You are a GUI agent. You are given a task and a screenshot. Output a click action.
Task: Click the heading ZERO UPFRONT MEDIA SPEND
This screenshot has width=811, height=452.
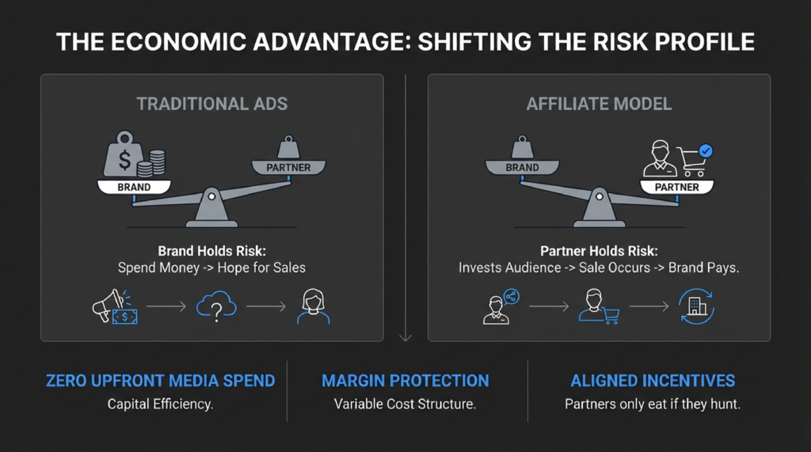[161, 381]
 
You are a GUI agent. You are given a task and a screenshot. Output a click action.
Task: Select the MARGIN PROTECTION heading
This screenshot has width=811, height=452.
[405, 381]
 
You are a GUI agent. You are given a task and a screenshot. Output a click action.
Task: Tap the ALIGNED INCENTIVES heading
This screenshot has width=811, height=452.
[653, 381]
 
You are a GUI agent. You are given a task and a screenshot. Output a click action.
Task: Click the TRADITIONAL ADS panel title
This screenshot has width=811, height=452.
[212, 104]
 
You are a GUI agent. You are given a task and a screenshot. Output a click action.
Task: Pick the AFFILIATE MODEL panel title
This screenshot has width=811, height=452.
[599, 104]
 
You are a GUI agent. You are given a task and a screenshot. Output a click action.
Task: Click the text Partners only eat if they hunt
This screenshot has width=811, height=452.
[653, 404]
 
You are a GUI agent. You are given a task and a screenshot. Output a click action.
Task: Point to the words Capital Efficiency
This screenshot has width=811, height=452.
[161, 404]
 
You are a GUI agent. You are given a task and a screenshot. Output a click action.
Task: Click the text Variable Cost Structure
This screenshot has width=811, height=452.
[405, 404]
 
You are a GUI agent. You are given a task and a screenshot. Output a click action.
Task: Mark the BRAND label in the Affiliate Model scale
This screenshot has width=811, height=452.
[522, 168]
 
